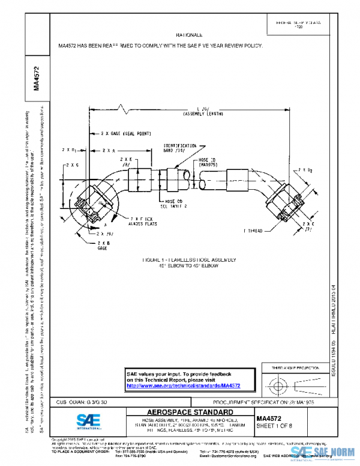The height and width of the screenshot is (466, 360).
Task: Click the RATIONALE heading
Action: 190,36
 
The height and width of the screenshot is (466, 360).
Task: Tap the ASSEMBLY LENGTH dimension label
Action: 204,113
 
